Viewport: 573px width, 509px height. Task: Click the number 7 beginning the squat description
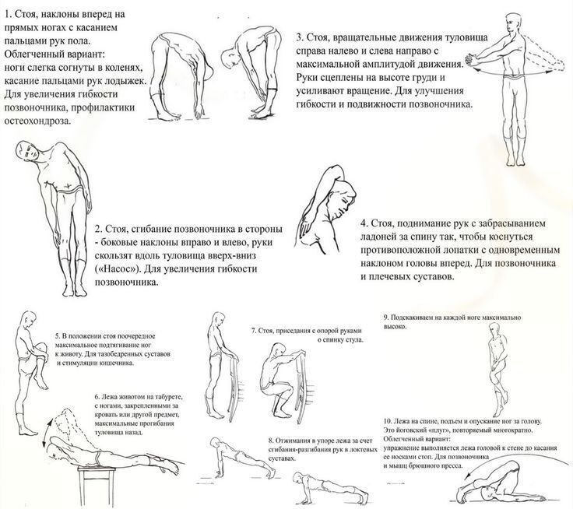[253, 330]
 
